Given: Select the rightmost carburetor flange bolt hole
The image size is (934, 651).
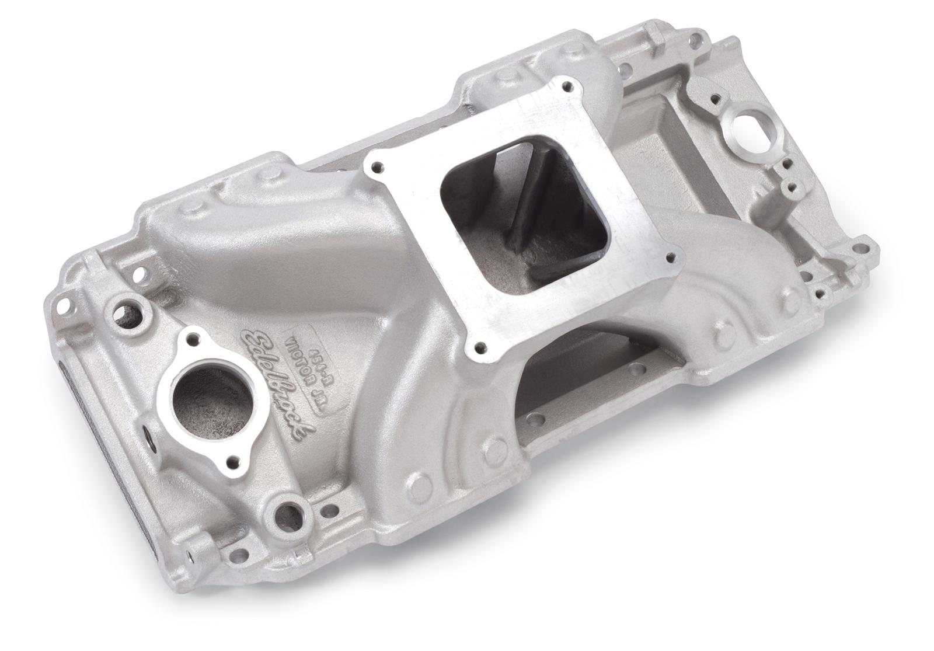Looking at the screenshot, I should coord(678,256).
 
